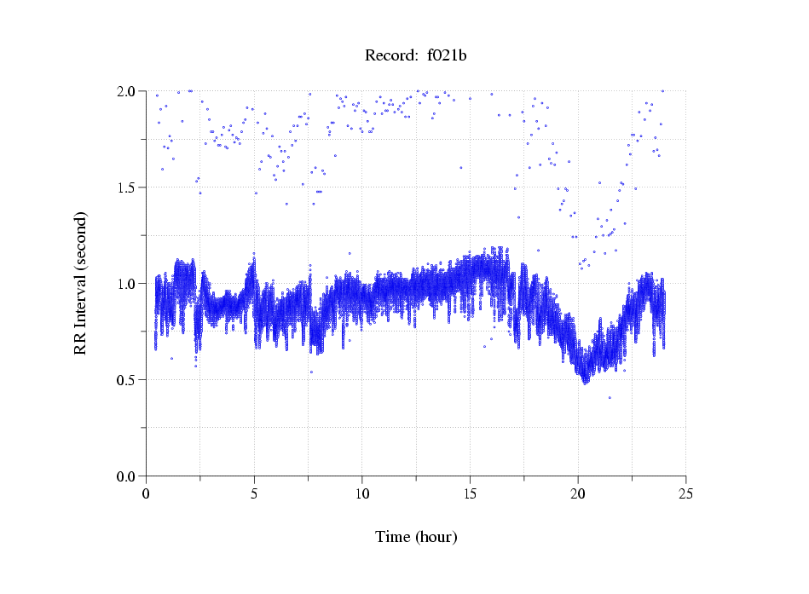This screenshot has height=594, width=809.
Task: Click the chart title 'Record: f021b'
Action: [415, 56]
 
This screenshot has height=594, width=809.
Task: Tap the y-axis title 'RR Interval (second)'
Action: [80, 284]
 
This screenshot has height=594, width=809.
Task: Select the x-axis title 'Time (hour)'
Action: [416, 537]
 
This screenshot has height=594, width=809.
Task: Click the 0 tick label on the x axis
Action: [147, 493]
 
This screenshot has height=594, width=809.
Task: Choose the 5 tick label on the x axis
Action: [254, 493]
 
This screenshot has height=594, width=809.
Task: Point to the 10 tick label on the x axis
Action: [362, 493]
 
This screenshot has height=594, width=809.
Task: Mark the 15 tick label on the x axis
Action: [470, 493]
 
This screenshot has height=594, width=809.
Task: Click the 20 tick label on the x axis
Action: [578, 493]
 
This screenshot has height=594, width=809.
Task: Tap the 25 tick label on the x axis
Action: [685, 493]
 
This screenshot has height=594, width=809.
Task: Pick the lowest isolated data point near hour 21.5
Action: [610, 397]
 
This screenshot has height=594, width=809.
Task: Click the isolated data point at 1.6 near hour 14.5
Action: [460, 168]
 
